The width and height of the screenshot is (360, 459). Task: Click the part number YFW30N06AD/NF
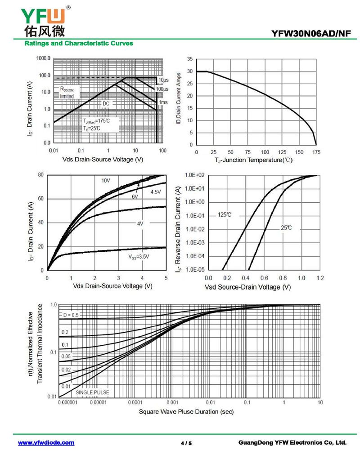click(x=310, y=33)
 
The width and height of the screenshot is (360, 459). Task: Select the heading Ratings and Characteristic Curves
click(x=79, y=44)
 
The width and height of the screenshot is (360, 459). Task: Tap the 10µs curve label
click(x=163, y=80)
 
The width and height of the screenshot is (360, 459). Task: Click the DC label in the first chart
click(x=106, y=103)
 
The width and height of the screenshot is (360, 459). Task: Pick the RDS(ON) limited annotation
click(x=70, y=93)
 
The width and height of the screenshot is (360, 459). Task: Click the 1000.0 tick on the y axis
click(x=44, y=58)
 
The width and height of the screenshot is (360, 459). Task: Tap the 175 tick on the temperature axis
click(x=316, y=152)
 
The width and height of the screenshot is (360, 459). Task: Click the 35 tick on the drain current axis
click(x=190, y=59)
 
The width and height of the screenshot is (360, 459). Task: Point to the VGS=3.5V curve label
click(x=138, y=257)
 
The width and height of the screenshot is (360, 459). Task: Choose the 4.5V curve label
click(x=155, y=192)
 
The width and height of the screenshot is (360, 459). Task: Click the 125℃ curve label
click(x=225, y=214)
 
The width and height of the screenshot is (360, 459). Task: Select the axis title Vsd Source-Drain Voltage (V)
click(x=247, y=287)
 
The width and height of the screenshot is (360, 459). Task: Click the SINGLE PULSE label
click(x=92, y=392)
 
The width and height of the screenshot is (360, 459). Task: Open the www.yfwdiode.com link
click(x=46, y=443)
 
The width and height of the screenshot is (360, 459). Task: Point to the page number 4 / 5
click(x=186, y=443)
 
